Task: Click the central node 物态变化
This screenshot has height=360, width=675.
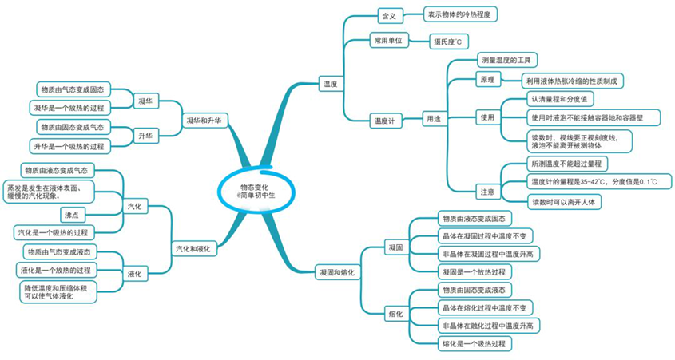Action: (256, 191)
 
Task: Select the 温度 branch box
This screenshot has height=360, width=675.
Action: (331, 85)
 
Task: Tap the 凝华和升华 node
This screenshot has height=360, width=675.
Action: (204, 121)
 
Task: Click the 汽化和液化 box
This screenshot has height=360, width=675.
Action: (193, 249)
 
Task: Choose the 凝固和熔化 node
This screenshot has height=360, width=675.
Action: (337, 272)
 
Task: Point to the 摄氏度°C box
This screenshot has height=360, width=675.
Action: (448, 42)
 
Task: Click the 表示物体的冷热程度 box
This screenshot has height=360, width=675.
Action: (460, 14)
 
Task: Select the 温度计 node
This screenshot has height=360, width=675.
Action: (384, 121)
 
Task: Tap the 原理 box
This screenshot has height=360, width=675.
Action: (488, 80)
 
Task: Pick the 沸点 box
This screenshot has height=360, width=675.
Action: (72, 215)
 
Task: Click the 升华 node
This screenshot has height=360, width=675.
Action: (145, 136)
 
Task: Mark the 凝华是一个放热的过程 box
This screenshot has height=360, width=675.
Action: (69, 108)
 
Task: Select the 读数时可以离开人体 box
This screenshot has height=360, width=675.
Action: (564, 202)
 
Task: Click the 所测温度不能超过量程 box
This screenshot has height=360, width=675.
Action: (567, 164)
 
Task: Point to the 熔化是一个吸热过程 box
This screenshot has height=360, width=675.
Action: (474, 344)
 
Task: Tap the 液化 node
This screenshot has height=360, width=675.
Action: (135, 274)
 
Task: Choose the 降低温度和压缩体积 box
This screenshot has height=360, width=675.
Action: (58, 292)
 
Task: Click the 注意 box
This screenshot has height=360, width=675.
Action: (488, 192)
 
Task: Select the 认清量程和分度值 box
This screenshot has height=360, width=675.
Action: (560, 99)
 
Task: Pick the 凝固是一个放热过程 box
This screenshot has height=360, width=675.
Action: (474, 272)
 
